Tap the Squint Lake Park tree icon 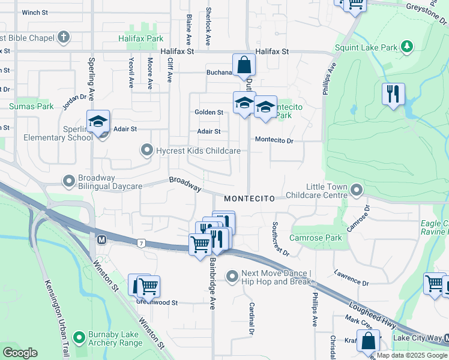408,46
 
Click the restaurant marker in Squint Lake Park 393,94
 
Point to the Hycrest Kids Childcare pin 146,151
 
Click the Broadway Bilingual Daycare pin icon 69,180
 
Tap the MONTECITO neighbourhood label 249,198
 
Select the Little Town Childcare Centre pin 357,191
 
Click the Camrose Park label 315,238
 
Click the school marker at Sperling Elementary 98,121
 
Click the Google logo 20,353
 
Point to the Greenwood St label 157,303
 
